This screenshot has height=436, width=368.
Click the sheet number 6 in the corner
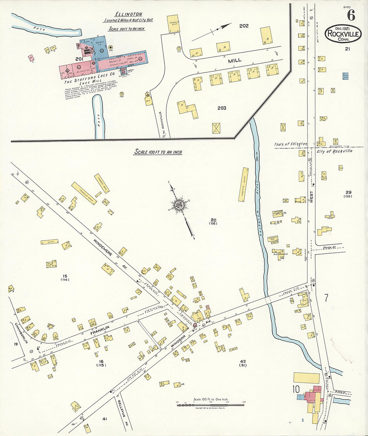click(x=351, y=15)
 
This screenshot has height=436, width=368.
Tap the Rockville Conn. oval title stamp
click(x=343, y=34)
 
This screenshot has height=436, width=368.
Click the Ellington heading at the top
click(x=128, y=14)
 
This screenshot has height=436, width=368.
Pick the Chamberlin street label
click(x=20, y=333)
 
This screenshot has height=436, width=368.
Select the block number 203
click(x=222, y=108)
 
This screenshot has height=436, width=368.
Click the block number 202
click(x=244, y=26)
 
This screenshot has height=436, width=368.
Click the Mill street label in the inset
click(x=235, y=60)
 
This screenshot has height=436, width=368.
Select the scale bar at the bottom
click(x=211, y=405)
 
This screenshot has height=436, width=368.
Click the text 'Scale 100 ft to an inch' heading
click(x=158, y=152)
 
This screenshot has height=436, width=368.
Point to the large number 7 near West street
click(x=326, y=298)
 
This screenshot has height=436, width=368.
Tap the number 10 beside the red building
click(x=295, y=389)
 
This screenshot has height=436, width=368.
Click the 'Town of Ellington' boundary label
click(x=290, y=144)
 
